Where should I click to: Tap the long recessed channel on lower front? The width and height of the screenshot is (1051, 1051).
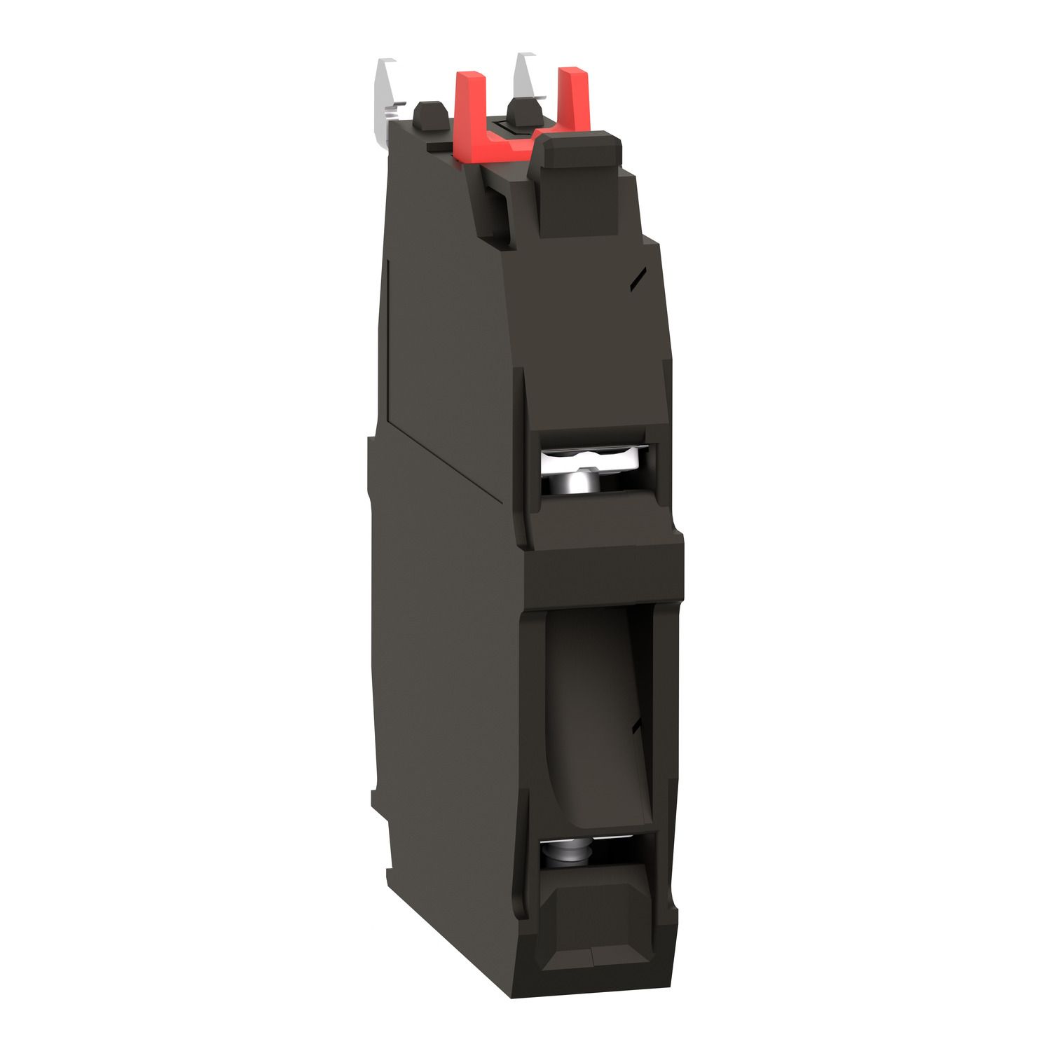tap(596, 715)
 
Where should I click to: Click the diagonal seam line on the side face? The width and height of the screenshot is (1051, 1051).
tap(448, 455)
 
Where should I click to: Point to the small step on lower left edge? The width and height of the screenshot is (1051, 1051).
tap(378, 799)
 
